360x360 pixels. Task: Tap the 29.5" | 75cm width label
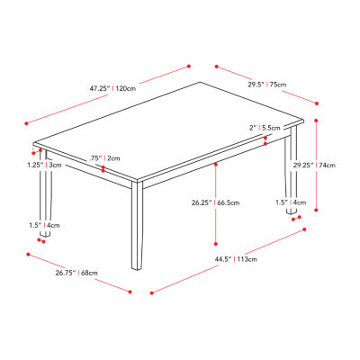coord(268,85)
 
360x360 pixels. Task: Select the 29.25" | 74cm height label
coord(314,166)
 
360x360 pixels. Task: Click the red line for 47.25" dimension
coord(108,93)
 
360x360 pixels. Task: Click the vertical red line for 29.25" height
coord(305,166)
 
